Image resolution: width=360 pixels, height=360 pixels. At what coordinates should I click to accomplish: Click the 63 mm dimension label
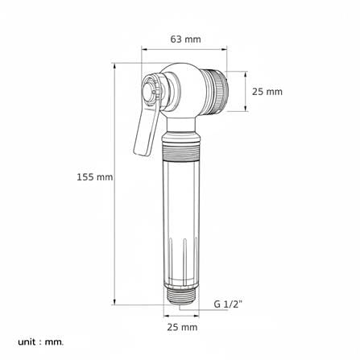[x=185, y=39]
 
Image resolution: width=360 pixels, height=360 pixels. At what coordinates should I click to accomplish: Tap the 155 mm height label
[x=95, y=177]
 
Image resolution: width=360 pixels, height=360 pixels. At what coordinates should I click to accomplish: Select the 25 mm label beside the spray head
[x=267, y=92]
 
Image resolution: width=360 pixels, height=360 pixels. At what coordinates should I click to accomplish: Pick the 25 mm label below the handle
[x=182, y=327]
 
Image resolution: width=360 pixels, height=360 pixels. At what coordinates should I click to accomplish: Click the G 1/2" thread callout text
[x=228, y=304]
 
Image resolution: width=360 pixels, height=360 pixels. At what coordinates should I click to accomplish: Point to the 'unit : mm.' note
[x=41, y=342]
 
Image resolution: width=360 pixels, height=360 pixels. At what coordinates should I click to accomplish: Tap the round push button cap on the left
[x=147, y=90]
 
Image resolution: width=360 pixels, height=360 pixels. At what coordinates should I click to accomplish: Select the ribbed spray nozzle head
[x=215, y=92]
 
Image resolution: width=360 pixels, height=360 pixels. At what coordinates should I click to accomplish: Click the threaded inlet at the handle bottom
[x=181, y=297]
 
